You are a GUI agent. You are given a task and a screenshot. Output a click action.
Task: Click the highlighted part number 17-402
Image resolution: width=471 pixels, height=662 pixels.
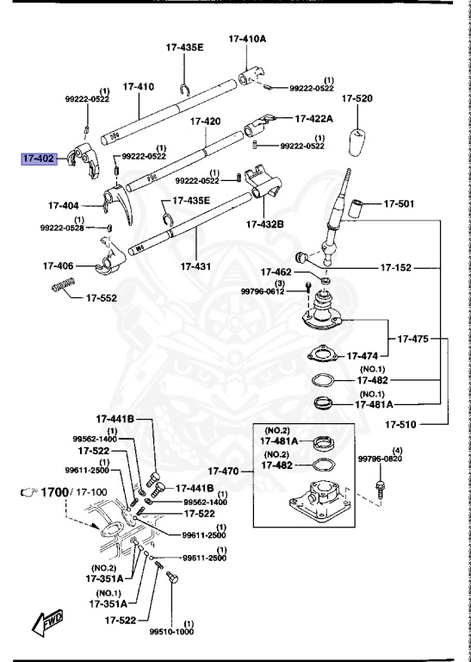click(39, 159)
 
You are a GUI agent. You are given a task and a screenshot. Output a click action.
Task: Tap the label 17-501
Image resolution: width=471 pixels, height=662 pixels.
click(399, 204)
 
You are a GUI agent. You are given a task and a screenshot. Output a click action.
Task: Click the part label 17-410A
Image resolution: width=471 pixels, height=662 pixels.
click(247, 39)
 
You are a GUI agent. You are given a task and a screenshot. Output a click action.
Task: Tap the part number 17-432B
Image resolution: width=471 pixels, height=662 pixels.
click(264, 224)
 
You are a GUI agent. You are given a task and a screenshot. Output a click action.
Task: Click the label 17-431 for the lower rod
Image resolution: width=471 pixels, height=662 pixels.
click(196, 266)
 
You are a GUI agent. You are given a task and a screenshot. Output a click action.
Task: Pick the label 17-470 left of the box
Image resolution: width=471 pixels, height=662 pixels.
click(228, 471)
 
